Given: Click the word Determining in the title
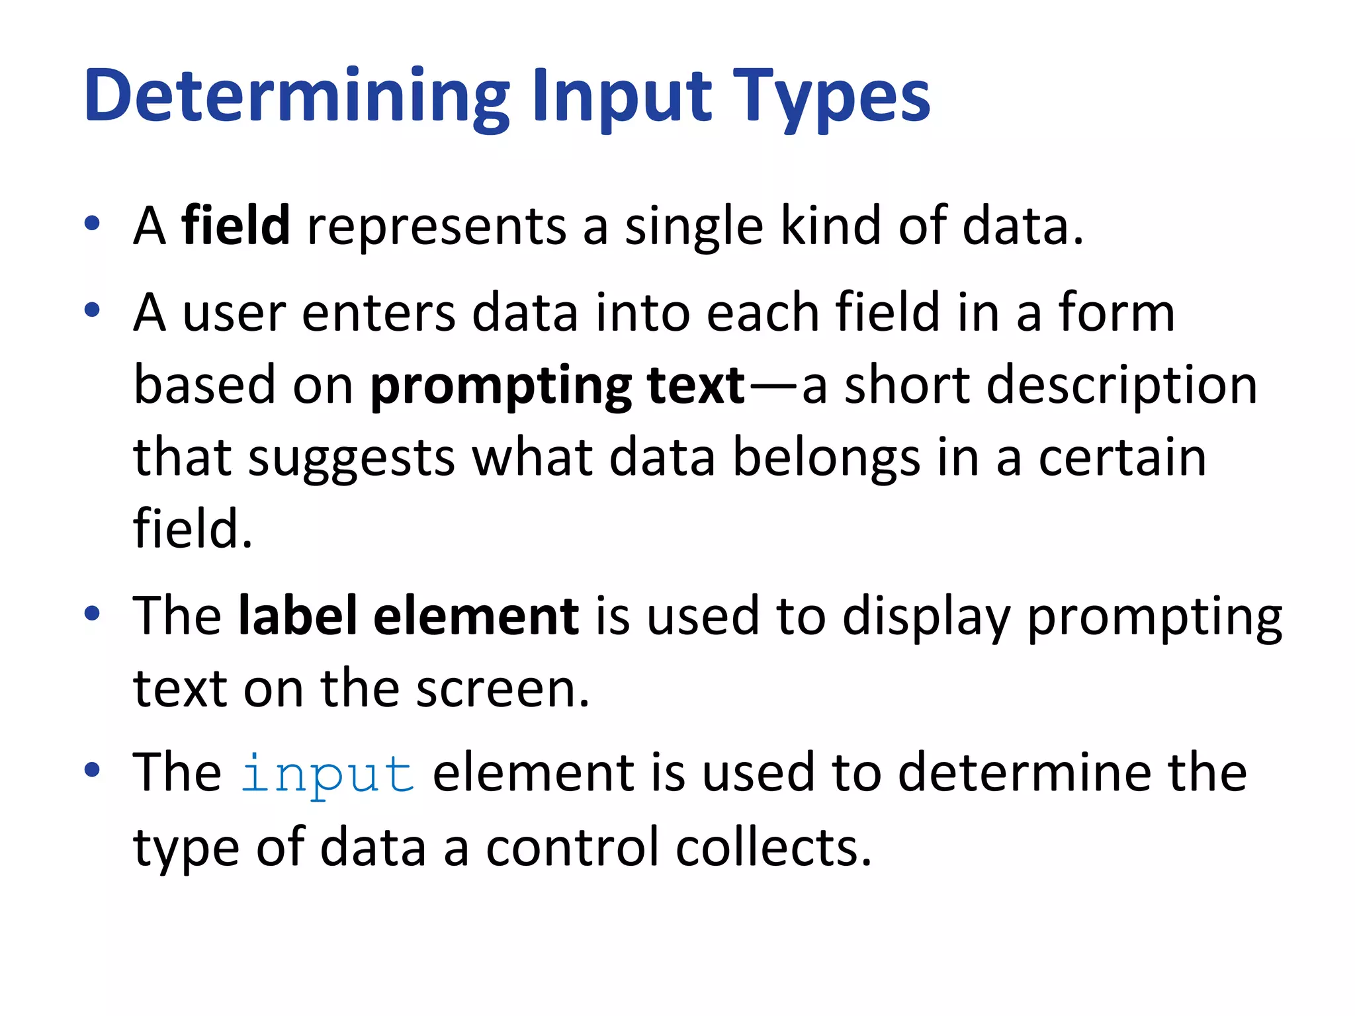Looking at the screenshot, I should [297, 98].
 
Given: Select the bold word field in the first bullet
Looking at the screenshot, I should [236, 226].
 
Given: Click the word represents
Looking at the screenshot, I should [437, 227].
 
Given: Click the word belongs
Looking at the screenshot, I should [826, 458].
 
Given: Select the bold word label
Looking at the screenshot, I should [298, 616].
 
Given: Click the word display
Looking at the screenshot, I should [926, 617].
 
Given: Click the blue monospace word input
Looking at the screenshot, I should [328, 774].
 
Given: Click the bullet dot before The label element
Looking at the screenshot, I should [92, 614].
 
